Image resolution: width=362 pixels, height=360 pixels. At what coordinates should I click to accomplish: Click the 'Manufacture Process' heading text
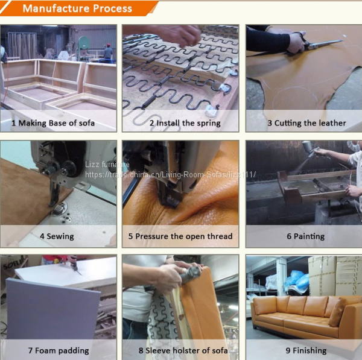tap(77, 8)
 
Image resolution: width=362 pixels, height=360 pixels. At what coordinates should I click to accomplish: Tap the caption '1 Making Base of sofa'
tap(53, 123)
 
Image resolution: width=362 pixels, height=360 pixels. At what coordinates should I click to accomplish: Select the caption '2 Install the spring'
tap(185, 123)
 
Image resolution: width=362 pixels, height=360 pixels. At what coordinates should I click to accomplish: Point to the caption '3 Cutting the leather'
tap(307, 123)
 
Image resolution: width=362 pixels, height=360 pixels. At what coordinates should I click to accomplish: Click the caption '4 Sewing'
tap(57, 236)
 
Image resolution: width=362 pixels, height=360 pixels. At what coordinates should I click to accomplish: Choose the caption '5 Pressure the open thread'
tap(180, 236)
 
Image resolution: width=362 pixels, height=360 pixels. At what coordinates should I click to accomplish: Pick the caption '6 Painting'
tap(306, 236)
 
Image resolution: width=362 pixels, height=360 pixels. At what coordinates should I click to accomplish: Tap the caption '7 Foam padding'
tap(59, 350)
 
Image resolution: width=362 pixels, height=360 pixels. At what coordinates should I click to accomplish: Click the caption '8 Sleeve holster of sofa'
tap(183, 350)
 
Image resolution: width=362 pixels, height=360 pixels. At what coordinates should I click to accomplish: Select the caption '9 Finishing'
tap(306, 350)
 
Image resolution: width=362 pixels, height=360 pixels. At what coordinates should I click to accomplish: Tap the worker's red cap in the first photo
tap(108, 45)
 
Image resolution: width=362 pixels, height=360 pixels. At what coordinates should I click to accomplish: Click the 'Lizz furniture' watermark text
tap(107, 164)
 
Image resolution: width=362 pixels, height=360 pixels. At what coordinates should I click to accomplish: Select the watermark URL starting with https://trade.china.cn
tap(170, 174)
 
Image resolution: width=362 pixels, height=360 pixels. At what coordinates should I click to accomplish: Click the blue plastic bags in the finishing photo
tap(297, 280)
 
